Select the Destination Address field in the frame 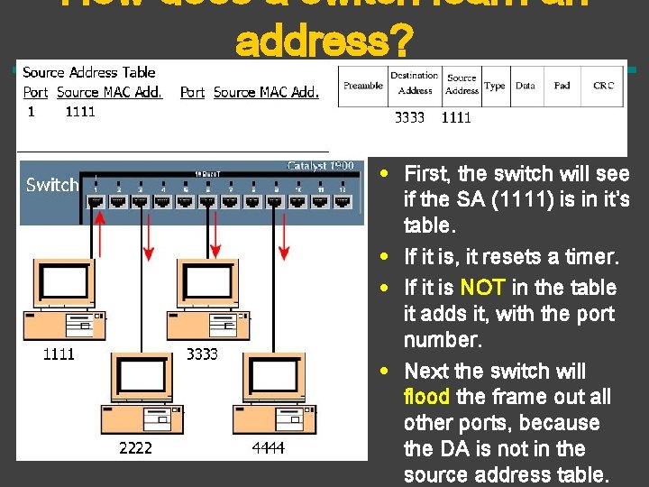[x=415, y=84]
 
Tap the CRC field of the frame [x=603, y=86]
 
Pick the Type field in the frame [x=495, y=86]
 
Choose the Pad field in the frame [x=562, y=86]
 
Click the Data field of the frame [x=526, y=86]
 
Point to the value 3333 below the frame [x=410, y=117]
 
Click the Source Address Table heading [x=88, y=72]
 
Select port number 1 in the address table [x=31, y=112]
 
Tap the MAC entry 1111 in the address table [x=79, y=112]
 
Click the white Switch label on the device [x=52, y=185]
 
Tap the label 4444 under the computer [x=269, y=447]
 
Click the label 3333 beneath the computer [x=202, y=354]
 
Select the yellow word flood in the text [x=428, y=397]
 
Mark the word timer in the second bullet [x=594, y=258]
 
